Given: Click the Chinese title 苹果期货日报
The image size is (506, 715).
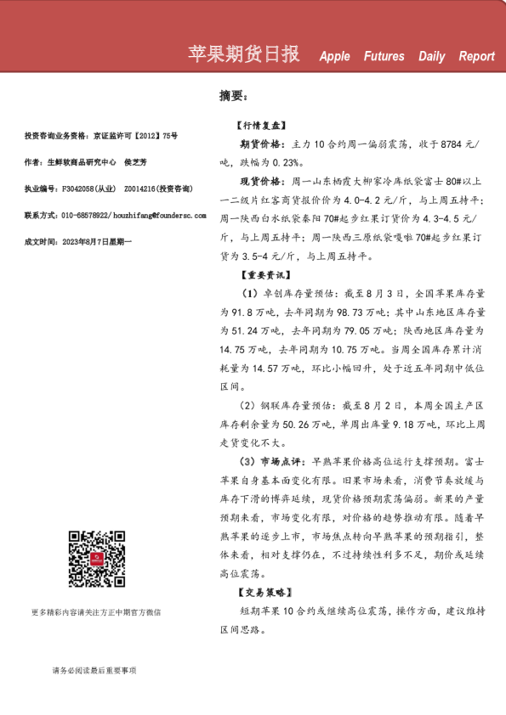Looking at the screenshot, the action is pyautogui.click(x=243, y=54).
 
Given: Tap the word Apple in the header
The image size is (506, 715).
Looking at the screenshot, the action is pyautogui.click(x=334, y=57).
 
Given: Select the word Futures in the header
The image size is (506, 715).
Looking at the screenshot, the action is pyautogui.click(x=384, y=57).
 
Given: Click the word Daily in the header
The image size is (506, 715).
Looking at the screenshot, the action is pyautogui.click(x=431, y=57).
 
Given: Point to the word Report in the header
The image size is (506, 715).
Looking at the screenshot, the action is pyautogui.click(x=476, y=57).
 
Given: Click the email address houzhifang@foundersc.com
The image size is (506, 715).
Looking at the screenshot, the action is pyautogui.click(x=160, y=216).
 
